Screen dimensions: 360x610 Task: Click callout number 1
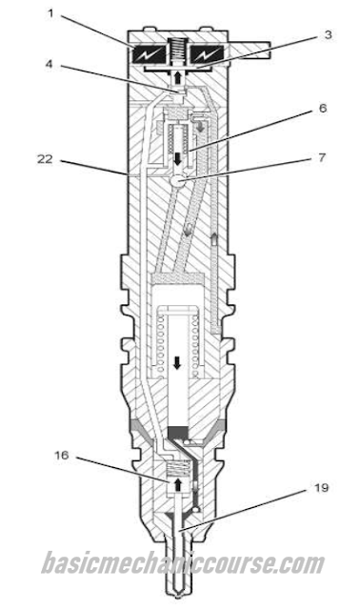point(50,13)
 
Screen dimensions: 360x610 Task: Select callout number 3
point(329,34)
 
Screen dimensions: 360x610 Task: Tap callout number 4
point(49,64)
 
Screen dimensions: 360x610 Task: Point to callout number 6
point(323,108)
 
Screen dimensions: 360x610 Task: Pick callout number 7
point(322,158)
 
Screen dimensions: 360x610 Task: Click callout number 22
point(45,159)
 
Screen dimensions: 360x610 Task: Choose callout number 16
point(61,455)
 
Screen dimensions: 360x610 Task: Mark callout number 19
point(321,487)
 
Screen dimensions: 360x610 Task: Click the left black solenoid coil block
point(150,55)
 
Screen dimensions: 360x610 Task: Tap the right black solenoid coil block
point(206,55)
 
